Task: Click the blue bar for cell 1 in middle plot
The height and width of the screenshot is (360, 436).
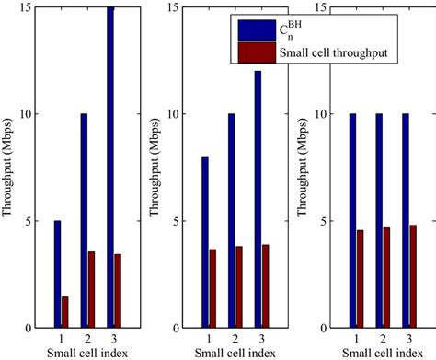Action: pyautogui.click(x=205, y=242)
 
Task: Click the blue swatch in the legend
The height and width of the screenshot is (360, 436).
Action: pyautogui.click(x=250, y=29)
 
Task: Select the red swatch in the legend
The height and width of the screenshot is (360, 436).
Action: pyautogui.click(x=250, y=52)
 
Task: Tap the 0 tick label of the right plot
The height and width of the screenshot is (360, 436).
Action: pyautogui.click(x=323, y=328)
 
